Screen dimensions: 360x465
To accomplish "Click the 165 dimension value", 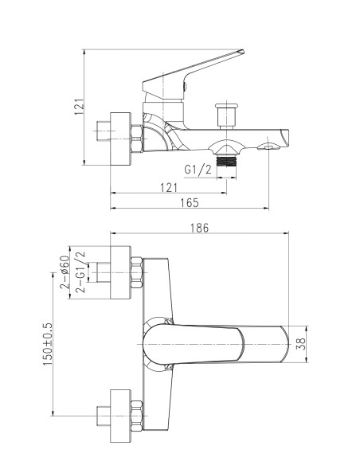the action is click(x=190, y=203).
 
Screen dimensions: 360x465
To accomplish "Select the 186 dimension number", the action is click(x=199, y=228).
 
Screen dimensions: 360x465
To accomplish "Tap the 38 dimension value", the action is click(x=301, y=344).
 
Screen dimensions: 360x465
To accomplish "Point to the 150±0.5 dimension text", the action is click(x=48, y=344).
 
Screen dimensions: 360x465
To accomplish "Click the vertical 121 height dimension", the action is click(x=79, y=107).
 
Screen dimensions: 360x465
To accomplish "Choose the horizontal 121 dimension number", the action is click(x=169, y=188).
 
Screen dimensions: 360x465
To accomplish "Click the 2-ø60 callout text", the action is click(x=65, y=272).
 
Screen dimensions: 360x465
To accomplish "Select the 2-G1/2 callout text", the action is click(x=80, y=272).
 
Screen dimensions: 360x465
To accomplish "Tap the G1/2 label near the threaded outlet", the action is click(x=198, y=170).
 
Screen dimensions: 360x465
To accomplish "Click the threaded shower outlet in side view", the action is click(x=226, y=161).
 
